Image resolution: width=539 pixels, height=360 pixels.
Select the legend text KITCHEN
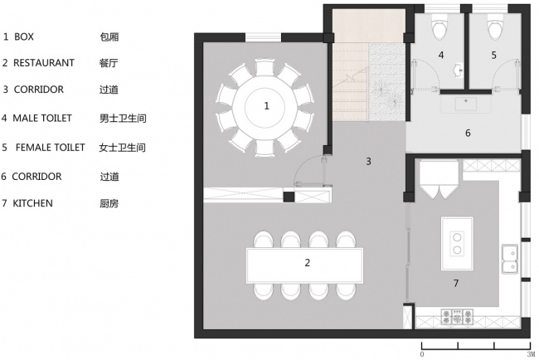pos(35,202)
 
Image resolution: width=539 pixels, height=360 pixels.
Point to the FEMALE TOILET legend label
pos(50,148)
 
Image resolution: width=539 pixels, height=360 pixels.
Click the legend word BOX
pos(24,36)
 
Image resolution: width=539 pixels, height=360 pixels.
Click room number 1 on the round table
pos(266,105)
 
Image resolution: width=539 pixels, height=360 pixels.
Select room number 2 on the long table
pos(308,263)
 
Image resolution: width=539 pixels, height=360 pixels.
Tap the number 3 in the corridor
pos(367,161)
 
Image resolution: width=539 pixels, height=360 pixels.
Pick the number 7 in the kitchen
pos(455,283)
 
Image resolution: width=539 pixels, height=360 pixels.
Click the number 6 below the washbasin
pos(468,132)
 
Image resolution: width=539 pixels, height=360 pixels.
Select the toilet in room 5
pos(495,31)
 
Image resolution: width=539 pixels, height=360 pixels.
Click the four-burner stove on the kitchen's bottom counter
pos(455,316)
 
